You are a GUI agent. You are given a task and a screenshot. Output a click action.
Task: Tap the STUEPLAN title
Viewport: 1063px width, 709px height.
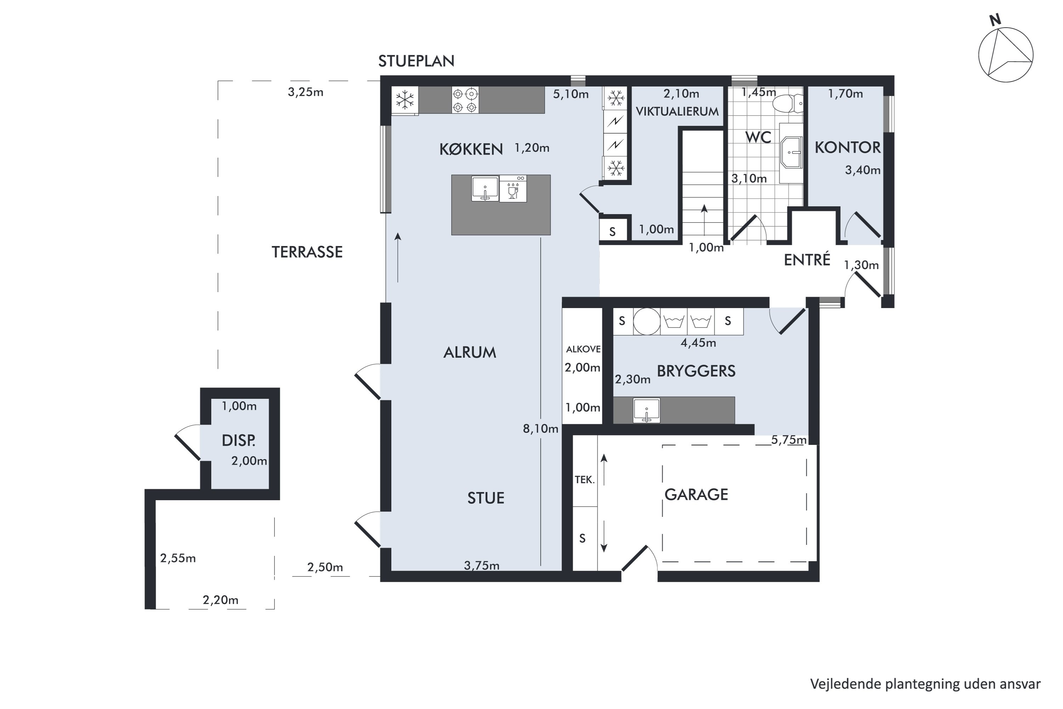pyautogui.click(x=416, y=61)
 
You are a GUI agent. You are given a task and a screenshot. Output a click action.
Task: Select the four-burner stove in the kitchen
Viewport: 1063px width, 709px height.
pyautogui.click(x=465, y=100)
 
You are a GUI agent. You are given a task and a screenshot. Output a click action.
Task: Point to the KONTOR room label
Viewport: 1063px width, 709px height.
pyautogui.click(x=848, y=147)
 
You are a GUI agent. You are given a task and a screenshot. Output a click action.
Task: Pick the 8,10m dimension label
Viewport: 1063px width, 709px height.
pyautogui.click(x=541, y=428)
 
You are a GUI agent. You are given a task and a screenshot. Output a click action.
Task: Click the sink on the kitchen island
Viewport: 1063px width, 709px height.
pyautogui.click(x=485, y=189)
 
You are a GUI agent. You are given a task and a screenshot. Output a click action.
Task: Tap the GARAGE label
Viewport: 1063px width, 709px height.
pyautogui.click(x=696, y=495)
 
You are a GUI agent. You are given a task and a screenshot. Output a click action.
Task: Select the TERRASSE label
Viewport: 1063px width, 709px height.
pyautogui.click(x=307, y=252)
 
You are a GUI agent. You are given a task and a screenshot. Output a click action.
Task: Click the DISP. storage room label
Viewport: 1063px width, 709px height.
pyautogui.click(x=238, y=440)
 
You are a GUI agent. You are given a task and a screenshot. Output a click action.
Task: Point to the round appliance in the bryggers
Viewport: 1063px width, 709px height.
pyautogui.click(x=647, y=322)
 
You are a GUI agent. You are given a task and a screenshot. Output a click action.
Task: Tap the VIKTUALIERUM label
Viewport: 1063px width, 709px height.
pyautogui.click(x=677, y=111)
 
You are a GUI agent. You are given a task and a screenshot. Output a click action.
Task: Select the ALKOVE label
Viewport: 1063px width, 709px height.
pyautogui.click(x=583, y=349)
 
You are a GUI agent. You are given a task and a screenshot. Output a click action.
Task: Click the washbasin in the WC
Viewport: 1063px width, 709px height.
pyautogui.click(x=791, y=152)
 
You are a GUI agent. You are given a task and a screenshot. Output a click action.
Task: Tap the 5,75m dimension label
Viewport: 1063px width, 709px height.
pyautogui.click(x=789, y=440)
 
